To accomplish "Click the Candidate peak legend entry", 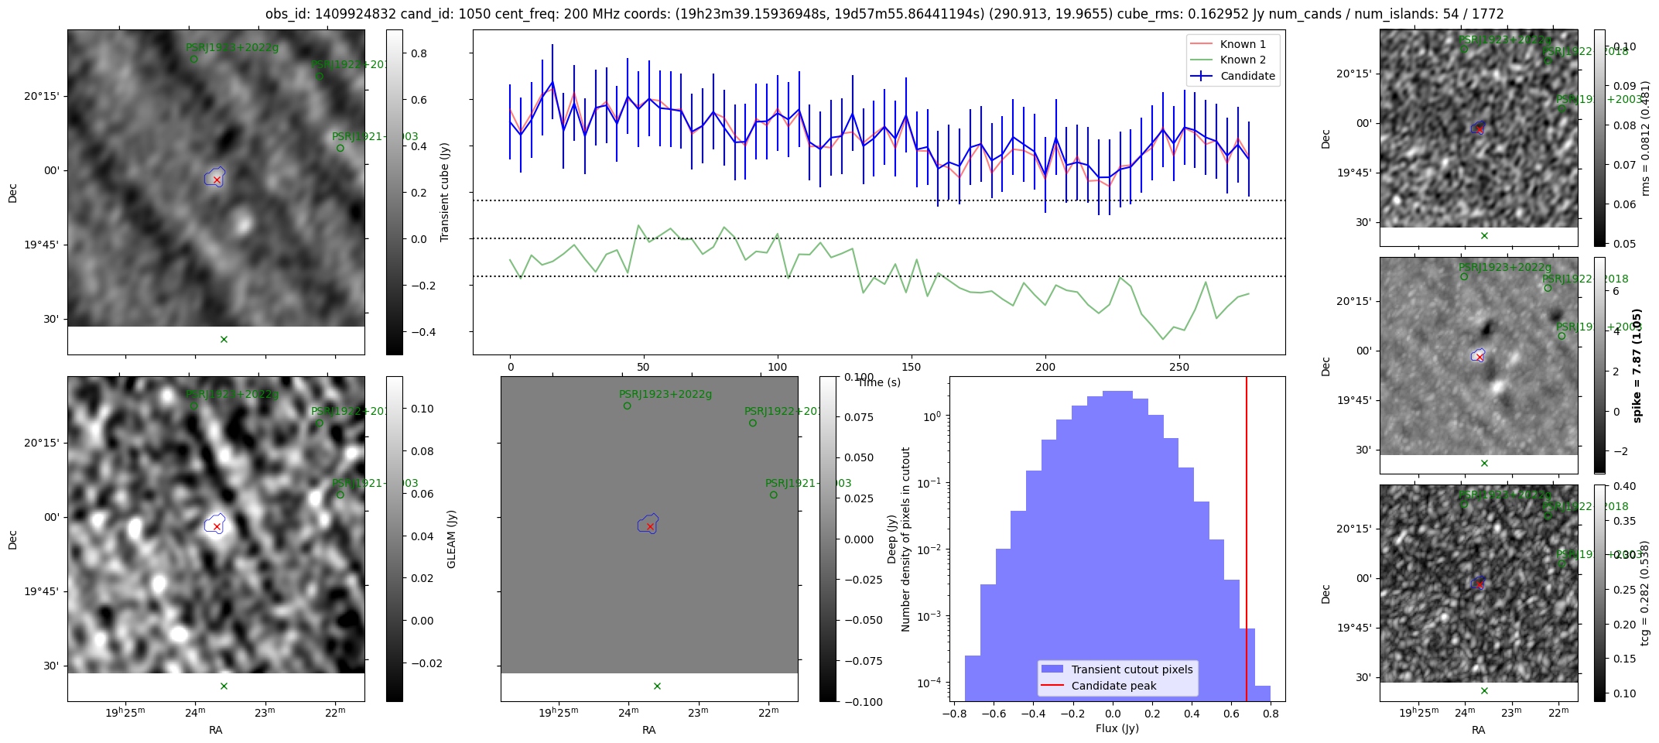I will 1113,686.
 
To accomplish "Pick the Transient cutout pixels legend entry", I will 1131,669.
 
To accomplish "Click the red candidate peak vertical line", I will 1247,542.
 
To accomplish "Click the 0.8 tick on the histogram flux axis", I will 1270,714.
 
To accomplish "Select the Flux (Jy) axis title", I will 1117,728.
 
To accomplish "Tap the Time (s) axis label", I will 879,382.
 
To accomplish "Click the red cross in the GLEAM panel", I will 217,526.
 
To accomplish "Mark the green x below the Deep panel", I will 657,686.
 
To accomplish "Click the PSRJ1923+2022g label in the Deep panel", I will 665,394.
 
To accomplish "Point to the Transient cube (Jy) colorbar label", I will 445,192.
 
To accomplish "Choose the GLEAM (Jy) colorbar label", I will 451,539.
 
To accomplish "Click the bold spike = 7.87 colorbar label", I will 1637,365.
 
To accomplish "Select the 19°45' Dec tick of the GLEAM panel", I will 41,591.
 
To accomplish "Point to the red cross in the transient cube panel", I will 217,180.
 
